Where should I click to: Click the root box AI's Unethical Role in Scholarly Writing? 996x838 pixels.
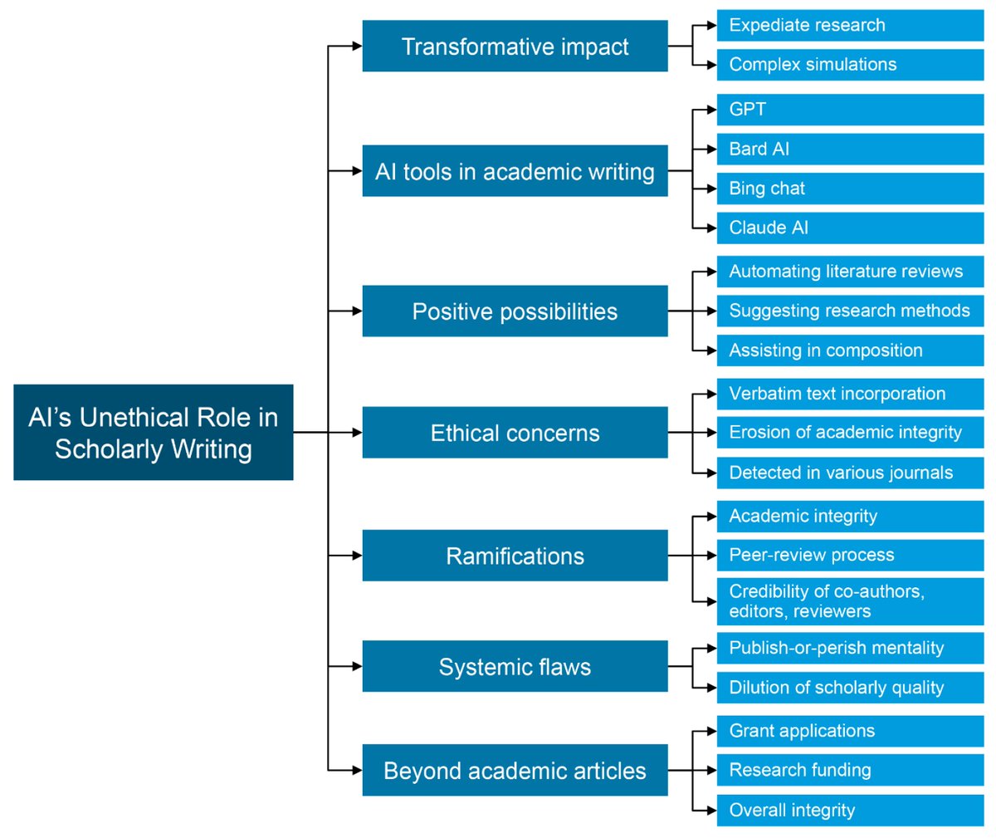(154, 432)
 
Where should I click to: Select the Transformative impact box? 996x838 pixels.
(515, 47)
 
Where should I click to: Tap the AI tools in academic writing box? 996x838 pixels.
(515, 171)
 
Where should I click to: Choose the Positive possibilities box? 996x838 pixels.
(515, 311)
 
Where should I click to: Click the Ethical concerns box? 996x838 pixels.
(515, 433)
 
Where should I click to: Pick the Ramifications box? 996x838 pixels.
(515, 556)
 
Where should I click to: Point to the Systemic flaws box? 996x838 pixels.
(515, 666)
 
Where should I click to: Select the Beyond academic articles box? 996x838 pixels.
(515, 770)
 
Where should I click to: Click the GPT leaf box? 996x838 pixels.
(850, 110)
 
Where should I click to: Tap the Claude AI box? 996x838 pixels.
(850, 228)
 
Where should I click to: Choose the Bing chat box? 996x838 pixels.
(850, 189)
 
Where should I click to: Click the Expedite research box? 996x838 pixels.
(850, 26)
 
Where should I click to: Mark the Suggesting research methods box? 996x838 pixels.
(850, 311)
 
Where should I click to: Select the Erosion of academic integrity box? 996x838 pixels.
(850, 433)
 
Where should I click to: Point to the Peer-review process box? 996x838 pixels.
(850, 555)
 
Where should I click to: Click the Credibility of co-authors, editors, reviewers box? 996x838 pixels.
(850, 601)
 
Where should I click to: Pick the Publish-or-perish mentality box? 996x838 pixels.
(850, 648)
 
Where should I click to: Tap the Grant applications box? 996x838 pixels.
(850, 731)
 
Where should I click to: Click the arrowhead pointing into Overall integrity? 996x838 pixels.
(711, 810)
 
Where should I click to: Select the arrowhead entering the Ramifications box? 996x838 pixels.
(357, 556)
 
